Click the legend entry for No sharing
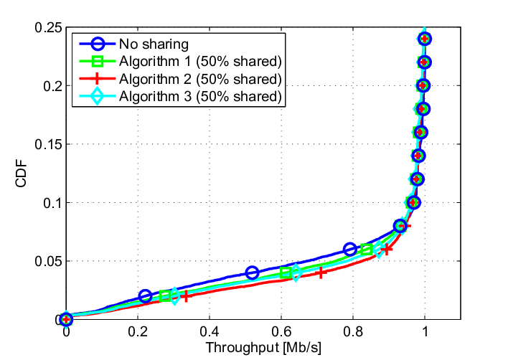click(x=154, y=44)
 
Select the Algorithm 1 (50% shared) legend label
click(x=200, y=62)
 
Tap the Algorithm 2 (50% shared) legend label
click(x=200, y=79)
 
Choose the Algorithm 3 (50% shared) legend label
click(x=200, y=97)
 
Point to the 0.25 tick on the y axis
click(x=48, y=28)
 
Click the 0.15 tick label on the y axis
click(x=48, y=144)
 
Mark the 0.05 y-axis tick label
click(x=48, y=261)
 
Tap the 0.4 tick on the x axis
click(x=210, y=331)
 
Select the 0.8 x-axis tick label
click(x=353, y=331)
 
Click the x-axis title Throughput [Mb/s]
click(x=263, y=348)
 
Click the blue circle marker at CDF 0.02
click(x=145, y=296)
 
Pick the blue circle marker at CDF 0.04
click(x=252, y=273)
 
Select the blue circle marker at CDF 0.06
click(x=349, y=250)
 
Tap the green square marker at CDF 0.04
click(x=285, y=273)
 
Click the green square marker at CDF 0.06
click(x=366, y=250)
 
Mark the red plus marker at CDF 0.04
click(x=321, y=273)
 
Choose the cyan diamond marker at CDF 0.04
click(x=296, y=273)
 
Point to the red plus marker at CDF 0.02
click(x=185, y=296)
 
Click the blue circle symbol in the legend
click(x=97, y=44)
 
